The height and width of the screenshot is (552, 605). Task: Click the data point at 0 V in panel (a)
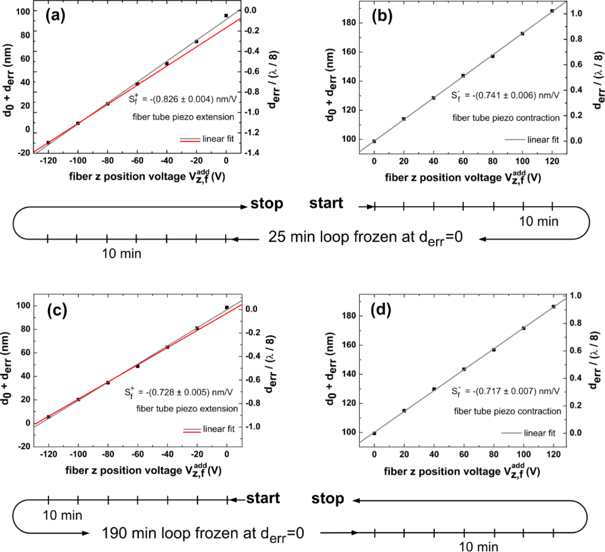click(226, 15)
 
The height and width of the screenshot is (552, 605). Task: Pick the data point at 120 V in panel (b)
click(552, 11)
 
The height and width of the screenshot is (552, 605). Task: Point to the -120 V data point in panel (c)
click(48, 417)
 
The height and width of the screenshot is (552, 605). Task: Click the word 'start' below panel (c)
click(263, 498)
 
